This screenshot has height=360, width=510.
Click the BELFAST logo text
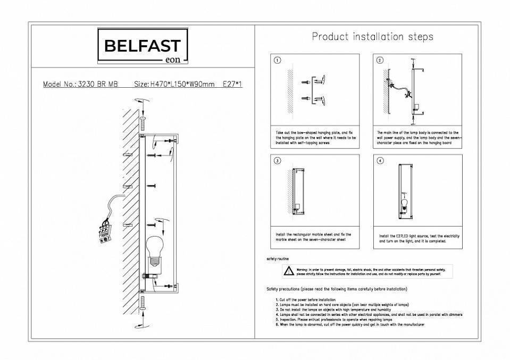coord(141,46)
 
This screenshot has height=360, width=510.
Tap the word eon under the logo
coord(173,60)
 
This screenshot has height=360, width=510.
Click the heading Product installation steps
coord(372,37)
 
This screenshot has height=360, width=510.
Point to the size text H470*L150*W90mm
coord(174,85)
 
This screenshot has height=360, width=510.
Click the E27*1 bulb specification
coord(232,85)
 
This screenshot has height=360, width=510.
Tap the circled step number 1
coord(277,60)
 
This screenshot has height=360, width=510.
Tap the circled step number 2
coord(380,60)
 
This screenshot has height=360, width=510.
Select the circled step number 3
coord(277,161)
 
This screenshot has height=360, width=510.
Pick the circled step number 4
coord(380,161)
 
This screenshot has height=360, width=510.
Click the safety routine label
coord(277,258)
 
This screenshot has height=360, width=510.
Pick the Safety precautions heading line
coord(337,289)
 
